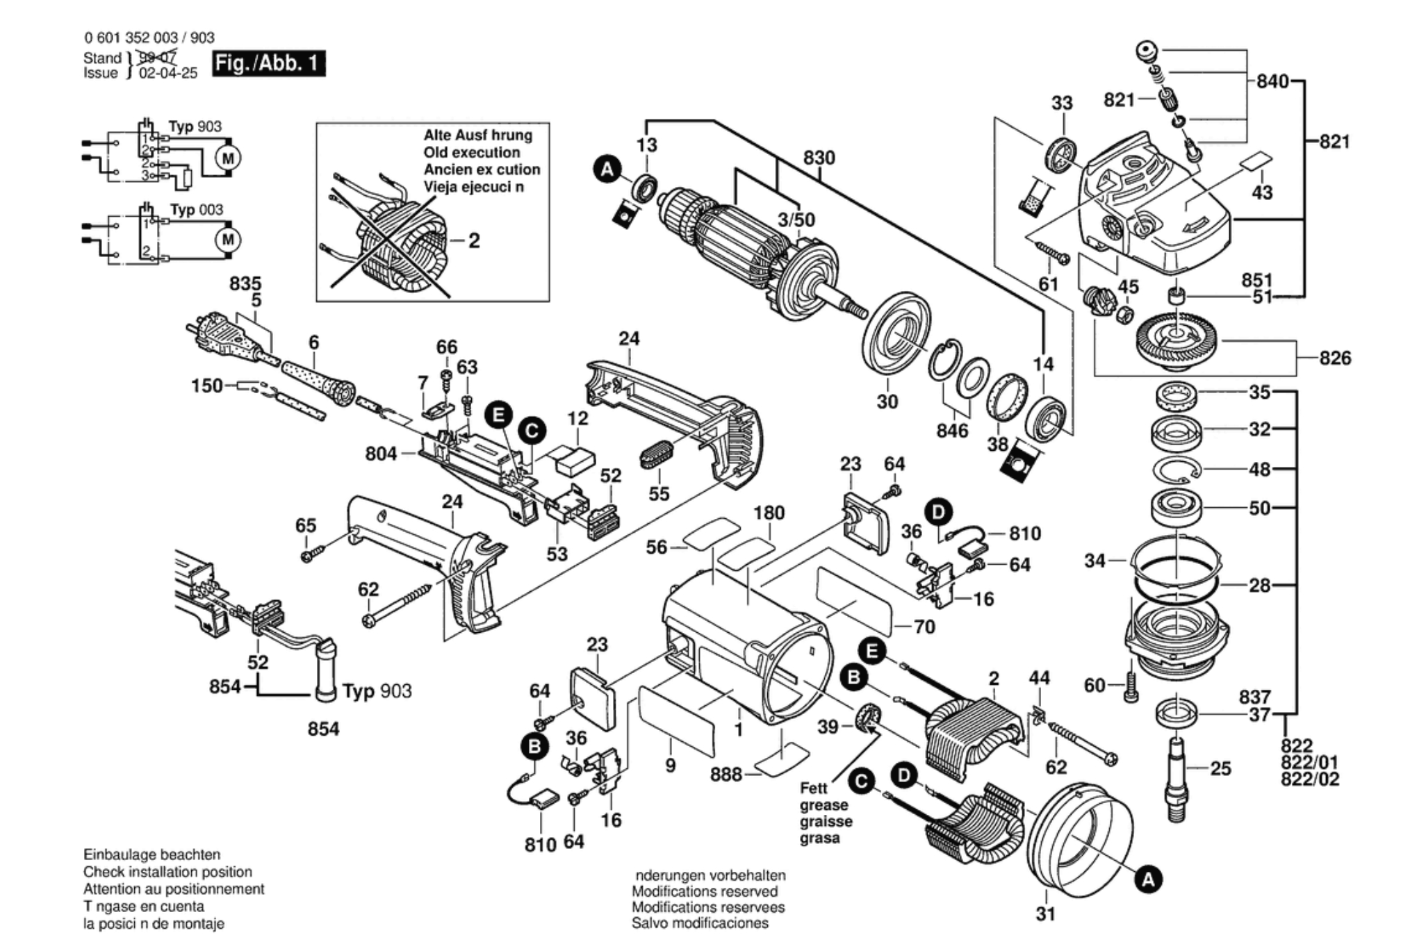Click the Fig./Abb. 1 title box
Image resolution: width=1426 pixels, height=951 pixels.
pyautogui.click(x=268, y=64)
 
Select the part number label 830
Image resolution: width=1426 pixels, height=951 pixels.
pyautogui.click(x=819, y=158)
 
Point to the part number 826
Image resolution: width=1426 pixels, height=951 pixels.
pyautogui.click(x=1335, y=358)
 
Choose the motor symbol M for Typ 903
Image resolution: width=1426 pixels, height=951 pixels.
pyautogui.click(x=228, y=158)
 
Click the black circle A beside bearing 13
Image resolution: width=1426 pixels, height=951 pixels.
pyautogui.click(x=607, y=169)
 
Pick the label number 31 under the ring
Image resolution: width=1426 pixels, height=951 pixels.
pyautogui.click(x=1045, y=914)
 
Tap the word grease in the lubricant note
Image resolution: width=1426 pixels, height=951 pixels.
pyautogui.click(x=823, y=805)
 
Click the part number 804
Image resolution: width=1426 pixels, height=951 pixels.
pyautogui.click(x=381, y=454)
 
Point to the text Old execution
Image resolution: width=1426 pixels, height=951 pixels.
pyautogui.click(x=471, y=153)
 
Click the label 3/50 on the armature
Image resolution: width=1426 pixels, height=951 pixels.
pyautogui.click(x=796, y=220)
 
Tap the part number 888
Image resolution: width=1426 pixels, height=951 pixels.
pyautogui.click(x=726, y=774)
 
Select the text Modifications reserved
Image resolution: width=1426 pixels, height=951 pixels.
pyautogui.click(x=704, y=891)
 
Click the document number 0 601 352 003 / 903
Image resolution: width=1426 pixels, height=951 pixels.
pyautogui.click(x=149, y=38)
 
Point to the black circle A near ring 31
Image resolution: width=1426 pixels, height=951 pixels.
pyautogui.click(x=1148, y=880)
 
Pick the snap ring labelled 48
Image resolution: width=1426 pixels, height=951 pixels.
pyautogui.click(x=1177, y=470)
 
